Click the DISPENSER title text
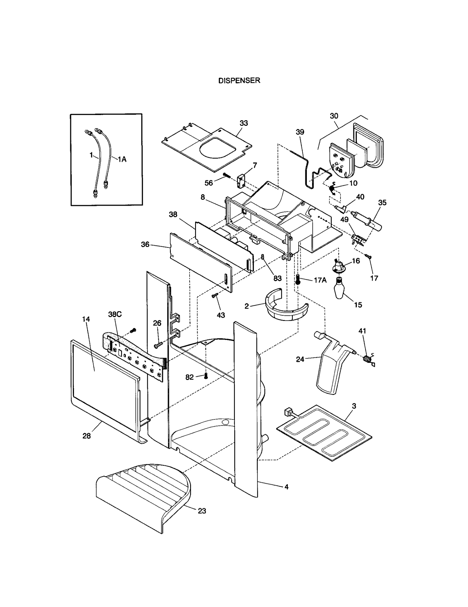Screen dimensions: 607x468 [239, 81]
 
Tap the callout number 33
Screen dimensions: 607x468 [244, 123]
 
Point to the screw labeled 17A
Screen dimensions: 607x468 [298, 279]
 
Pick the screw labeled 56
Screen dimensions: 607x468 [226, 176]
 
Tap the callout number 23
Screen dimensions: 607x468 [202, 511]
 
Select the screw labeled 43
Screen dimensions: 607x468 [215, 296]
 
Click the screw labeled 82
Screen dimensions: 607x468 [206, 376]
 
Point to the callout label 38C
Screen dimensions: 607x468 [115, 314]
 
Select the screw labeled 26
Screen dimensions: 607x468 [158, 345]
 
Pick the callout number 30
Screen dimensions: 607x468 [334, 116]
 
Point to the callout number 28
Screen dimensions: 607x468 [87, 444]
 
